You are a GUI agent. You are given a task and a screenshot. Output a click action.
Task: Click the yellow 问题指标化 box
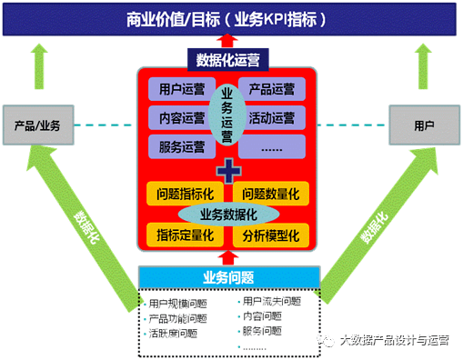[x=182, y=193]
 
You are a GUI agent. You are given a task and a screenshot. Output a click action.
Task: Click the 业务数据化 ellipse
[x=227, y=215]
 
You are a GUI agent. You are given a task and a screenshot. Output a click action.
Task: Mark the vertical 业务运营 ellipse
[x=227, y=116]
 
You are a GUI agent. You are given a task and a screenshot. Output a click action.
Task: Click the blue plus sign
[x=227, y=170]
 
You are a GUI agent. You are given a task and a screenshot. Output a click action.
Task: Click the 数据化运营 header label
[x=227, y=60]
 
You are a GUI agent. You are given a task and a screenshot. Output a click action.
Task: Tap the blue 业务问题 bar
[x=227, y=275]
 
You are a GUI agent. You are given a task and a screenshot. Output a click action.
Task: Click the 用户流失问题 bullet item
[x=272, y=301]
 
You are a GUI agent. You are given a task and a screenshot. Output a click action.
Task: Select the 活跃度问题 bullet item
[x=178, y=334]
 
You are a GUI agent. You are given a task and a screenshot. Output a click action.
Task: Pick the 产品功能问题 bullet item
[x=178, y=319]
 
